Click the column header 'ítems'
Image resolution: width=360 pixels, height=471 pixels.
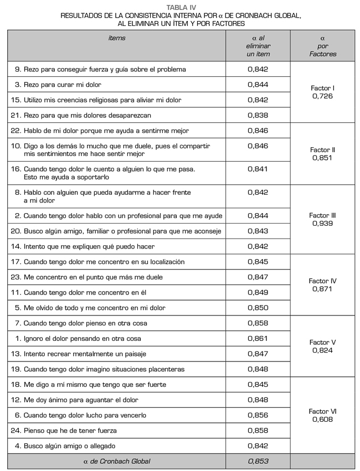[116, 38]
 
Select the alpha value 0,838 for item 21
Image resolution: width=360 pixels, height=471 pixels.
[258, 115]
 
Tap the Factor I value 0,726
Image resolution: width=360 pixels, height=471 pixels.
[322, 96]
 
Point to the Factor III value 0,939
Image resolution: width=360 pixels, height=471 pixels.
[322, 224]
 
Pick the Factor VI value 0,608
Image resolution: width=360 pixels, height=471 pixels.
[322, 419]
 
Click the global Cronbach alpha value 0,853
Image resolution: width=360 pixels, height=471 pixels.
[258, 460]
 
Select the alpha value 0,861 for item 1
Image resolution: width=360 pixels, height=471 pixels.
[258, 338]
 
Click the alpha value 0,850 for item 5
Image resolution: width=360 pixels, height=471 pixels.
[258, 308]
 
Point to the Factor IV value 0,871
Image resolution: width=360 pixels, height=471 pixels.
[322, 288]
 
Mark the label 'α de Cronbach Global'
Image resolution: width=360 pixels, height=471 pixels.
[116, 460]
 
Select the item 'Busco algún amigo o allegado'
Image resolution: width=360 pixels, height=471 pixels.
[71, 446]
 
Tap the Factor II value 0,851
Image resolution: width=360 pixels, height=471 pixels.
[322, 158]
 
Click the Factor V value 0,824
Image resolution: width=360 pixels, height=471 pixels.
[322, 350]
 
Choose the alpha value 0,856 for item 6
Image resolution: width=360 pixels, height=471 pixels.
[258, 415]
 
